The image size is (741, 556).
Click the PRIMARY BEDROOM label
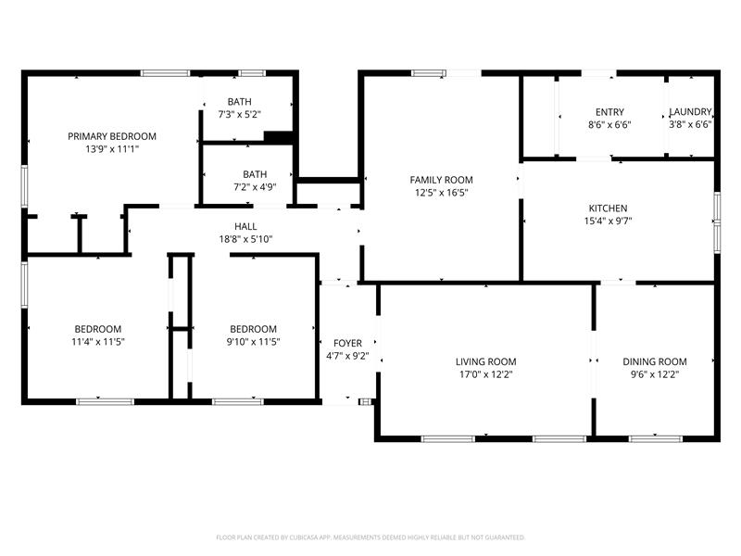112,136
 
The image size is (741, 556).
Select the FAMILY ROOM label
442,180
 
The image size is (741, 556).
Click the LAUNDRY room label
690,111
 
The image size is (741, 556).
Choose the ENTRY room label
609,111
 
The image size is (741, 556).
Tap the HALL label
245,226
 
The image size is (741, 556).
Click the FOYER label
347,343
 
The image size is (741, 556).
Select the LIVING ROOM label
485,361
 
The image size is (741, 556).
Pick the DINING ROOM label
654,361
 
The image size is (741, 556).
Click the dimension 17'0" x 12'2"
485,374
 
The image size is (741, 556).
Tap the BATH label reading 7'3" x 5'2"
240,102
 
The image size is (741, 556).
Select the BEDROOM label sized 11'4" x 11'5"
98,329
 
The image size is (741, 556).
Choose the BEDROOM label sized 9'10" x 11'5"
253,329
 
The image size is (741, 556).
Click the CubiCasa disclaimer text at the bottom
370,537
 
